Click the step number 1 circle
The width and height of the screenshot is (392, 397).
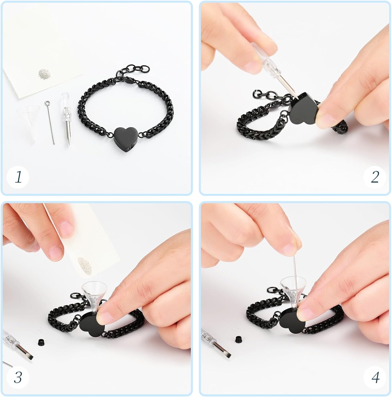(18, 177)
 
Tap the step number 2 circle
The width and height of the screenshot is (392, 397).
(375, 177)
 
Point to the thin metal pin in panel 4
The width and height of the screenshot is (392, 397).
(293, 265)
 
